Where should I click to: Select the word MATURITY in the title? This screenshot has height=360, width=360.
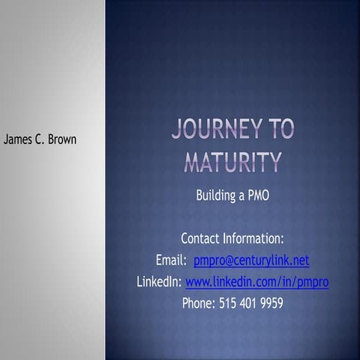click(232, 162)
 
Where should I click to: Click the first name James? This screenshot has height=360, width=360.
click(20, 139)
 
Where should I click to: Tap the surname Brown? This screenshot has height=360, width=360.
click(62, 139)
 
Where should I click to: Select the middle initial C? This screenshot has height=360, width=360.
click(41, 139)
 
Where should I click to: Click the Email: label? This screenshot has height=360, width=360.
click(171, 260)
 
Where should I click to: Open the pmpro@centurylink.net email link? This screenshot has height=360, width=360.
click(251, 260)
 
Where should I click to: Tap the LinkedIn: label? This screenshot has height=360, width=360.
click(159, 282)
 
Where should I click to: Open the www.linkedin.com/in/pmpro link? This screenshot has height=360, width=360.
click(257, 282)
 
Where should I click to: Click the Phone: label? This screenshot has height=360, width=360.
click(199, 304)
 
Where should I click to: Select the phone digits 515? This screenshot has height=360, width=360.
click(228, 304)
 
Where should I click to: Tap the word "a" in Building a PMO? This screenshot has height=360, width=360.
click(239, 196)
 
